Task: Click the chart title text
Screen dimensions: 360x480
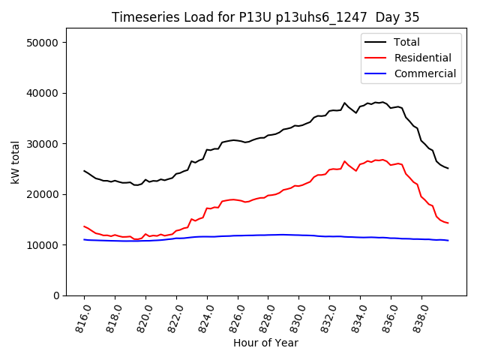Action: pyautogui.click(x=265, y=17)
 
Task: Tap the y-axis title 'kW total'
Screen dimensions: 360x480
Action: pyautogui.click(x=15, y=162)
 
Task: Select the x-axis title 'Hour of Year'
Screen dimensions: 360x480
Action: pyautogui.click(x=265, y=343)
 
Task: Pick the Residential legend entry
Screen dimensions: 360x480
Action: pyautogui.click(x=422, y=58)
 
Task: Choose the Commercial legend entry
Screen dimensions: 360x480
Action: pyautogui.click(x=424, y=73)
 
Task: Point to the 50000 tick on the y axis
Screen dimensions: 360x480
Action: pyautogui.click(x=43, y=43)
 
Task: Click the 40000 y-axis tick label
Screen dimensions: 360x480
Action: pyautogui.click(x=43, y=93)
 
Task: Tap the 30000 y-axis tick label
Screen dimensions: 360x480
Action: pyautogui.click(x=43, y=144)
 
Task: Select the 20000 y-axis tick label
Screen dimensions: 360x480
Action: pyautogui.click(x=43, y=194)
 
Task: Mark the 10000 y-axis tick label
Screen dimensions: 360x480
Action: pyautogui.click(x=43, y=245)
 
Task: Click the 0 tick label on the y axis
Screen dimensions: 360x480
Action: pyautogui.click(x=56, y=295)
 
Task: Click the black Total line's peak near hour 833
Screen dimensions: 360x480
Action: pyautogui.click(x=345, y=103)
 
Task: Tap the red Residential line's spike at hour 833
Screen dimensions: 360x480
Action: pyautogui.click(x=345, y=161)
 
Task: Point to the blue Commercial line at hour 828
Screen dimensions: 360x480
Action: pyautogui.click(x=268, y=235)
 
